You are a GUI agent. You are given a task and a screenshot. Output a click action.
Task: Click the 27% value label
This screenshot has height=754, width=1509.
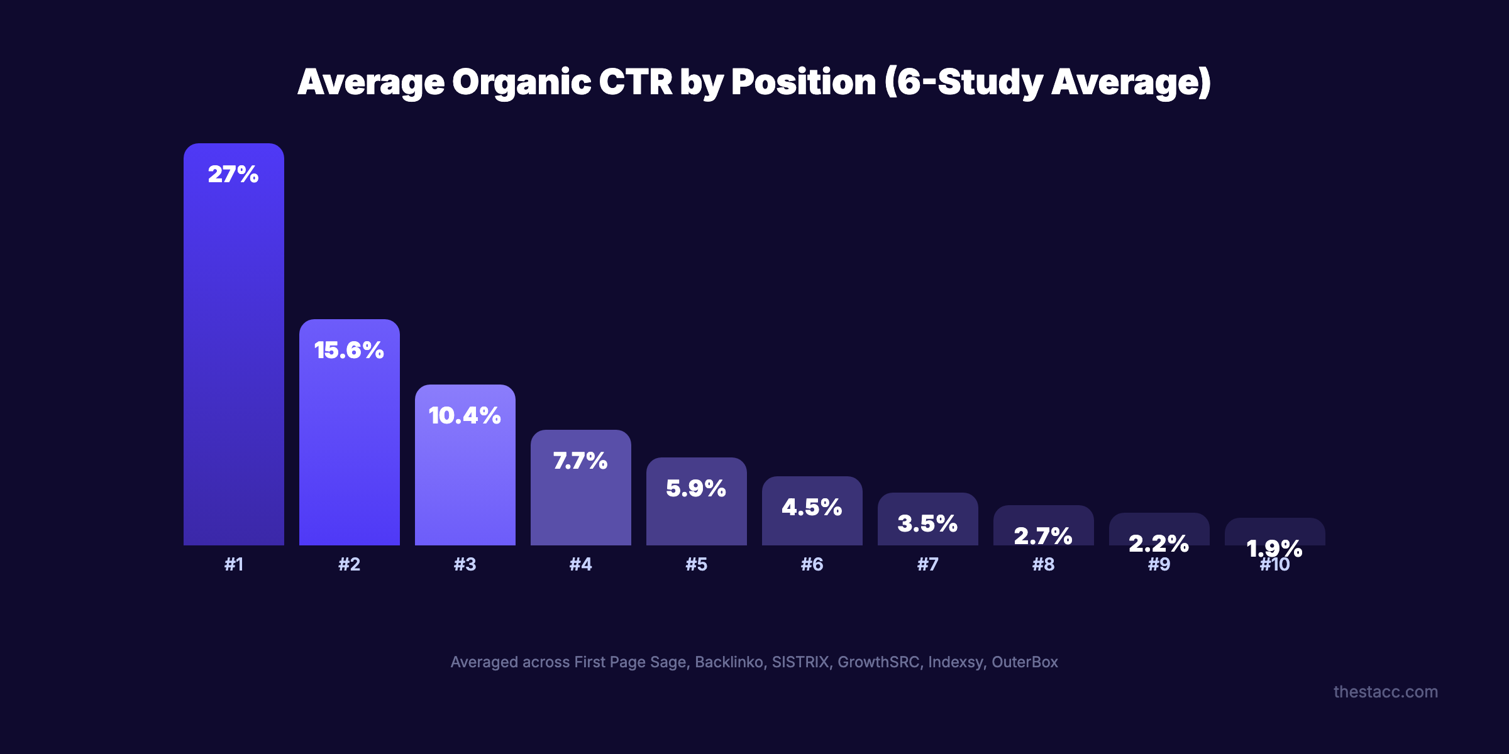point(233,174)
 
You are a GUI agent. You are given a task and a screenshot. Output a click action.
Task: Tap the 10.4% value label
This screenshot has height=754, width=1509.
point(465,415)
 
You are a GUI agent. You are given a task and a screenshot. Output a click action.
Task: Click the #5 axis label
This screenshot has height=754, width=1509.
point(696,564)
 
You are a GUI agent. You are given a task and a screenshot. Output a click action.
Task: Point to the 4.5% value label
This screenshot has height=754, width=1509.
point(812,507)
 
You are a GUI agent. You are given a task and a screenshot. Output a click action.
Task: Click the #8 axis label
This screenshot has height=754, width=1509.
point(1043,564)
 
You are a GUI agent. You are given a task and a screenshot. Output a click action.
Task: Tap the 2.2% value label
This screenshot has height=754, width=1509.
point(1159,542)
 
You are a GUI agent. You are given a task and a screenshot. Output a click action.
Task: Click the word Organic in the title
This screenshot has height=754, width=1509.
point(521,82)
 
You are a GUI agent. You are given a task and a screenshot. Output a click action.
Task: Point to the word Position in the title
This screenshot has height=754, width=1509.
point(803,82)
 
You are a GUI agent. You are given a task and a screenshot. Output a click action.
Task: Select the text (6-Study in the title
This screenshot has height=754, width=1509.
point(965,82)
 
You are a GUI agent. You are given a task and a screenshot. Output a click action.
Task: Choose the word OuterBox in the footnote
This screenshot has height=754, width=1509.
point(1024,662)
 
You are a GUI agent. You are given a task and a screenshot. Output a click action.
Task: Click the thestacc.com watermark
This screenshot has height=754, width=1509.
point(1385,692)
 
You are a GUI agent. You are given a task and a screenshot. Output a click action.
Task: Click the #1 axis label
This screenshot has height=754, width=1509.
point(233,564)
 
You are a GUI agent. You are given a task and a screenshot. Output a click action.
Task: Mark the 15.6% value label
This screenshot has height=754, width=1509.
point(349,350)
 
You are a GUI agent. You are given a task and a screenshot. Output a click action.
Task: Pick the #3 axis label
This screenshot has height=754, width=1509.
point(465,564)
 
